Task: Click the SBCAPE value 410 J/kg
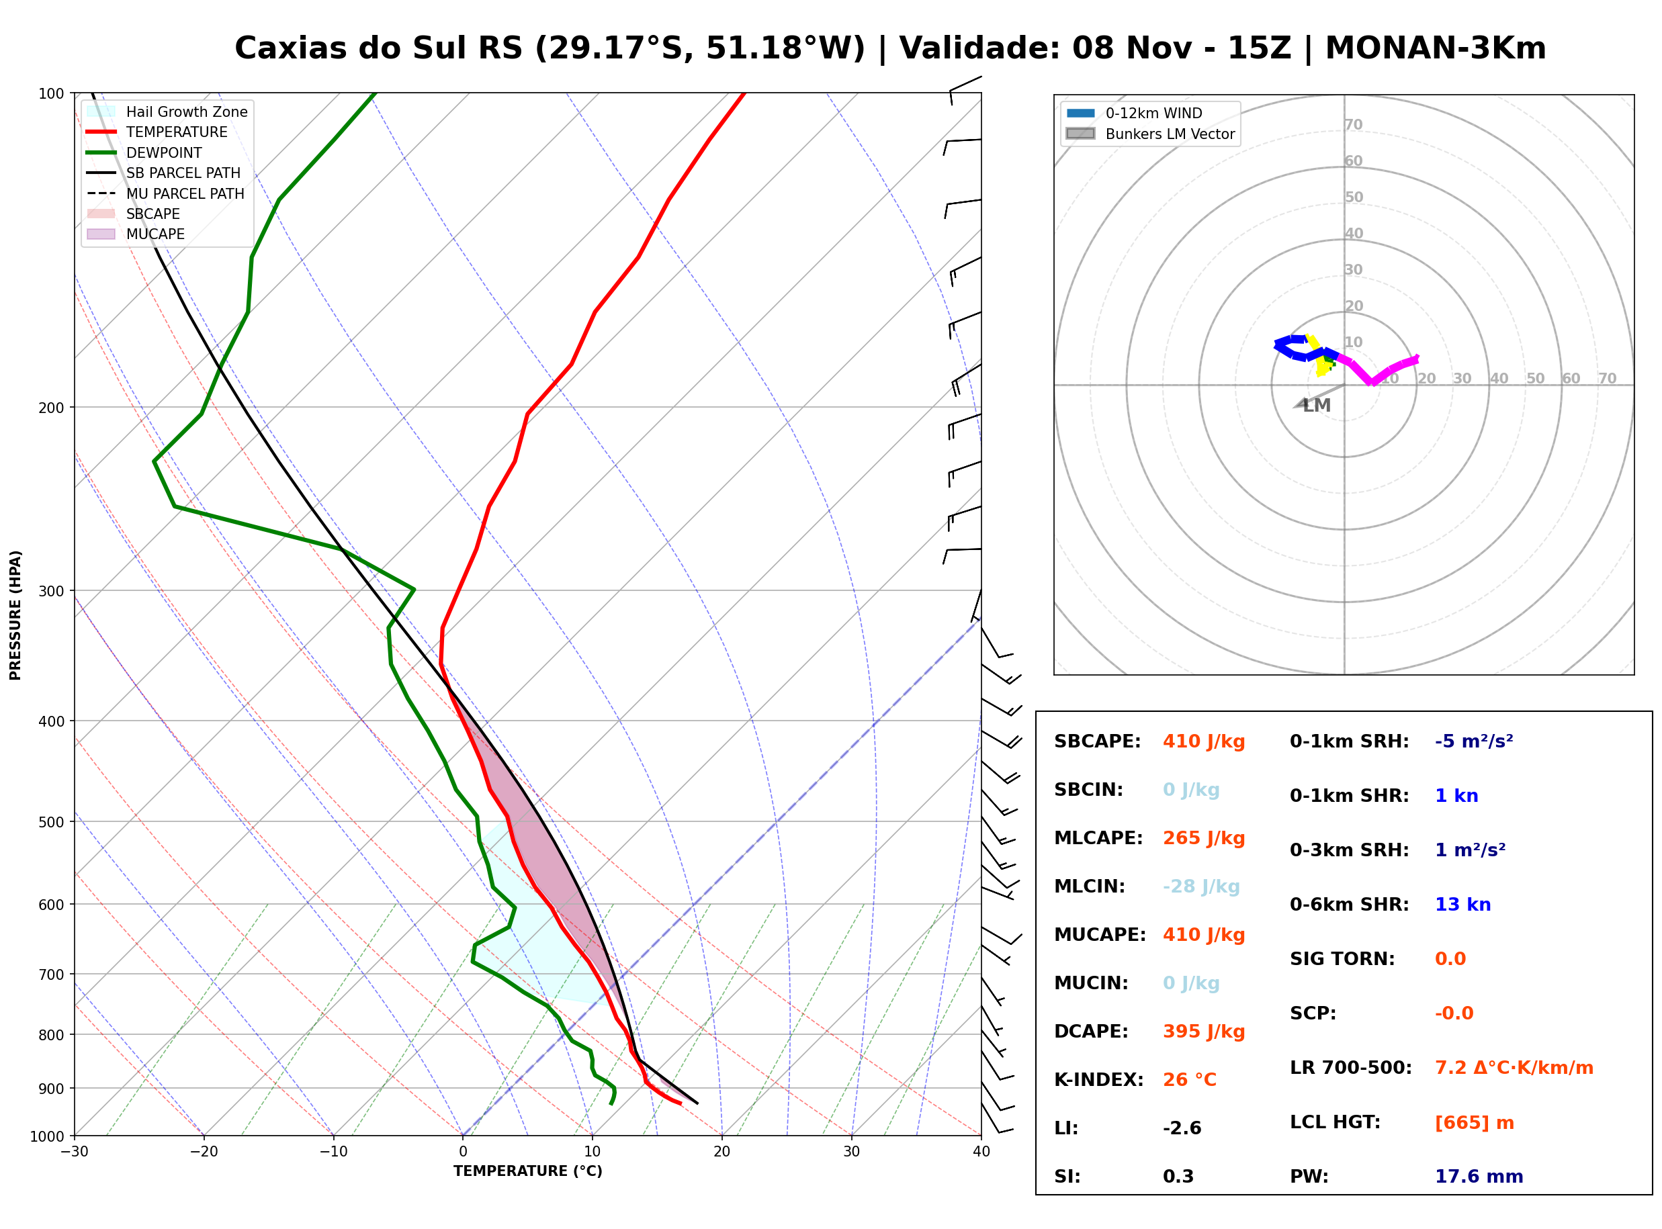[x=1203, y=741]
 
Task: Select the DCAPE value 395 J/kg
[x=1203, y=1032]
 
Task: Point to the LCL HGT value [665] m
[x=1474, y=1123]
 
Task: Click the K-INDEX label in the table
[x=1099, y=1080]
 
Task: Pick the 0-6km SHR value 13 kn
[x=1462, y=905]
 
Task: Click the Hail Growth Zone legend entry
[x=168, y=111]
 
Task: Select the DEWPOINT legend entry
[x=144, y=152]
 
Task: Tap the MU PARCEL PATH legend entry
[x=165, y=193]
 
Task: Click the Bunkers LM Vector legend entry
[x=1150, y=134]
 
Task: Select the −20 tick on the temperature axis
[x=203, y=1152]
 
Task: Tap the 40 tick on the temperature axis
[x=981, y=1152]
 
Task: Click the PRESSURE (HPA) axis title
[x=15, y=615]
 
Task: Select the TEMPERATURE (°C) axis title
[x=527, y=1171]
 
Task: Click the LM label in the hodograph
[x=1316, y=406]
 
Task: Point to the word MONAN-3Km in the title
[x=1435, y=48]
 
